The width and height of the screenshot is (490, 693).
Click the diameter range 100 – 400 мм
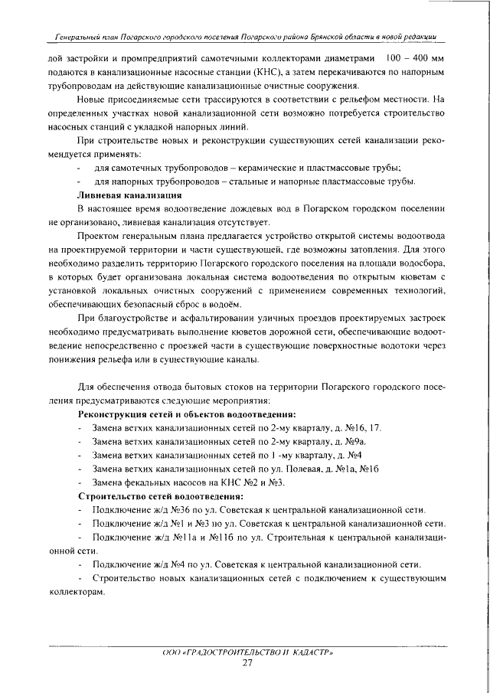(415, 58)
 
